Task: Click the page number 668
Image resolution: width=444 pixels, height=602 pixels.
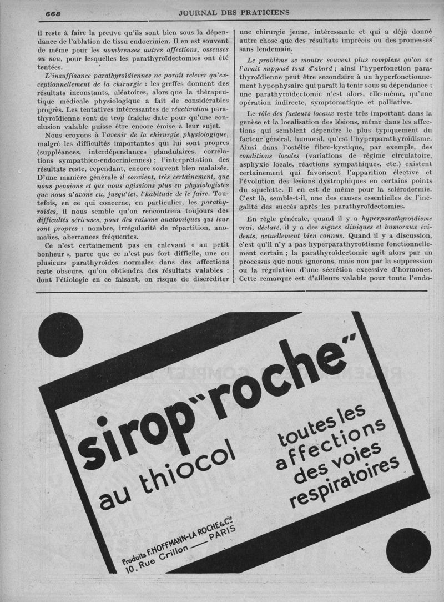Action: click(x=53, y=13)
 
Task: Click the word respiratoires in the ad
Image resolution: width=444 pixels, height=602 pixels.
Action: click(x=347, y=481)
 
